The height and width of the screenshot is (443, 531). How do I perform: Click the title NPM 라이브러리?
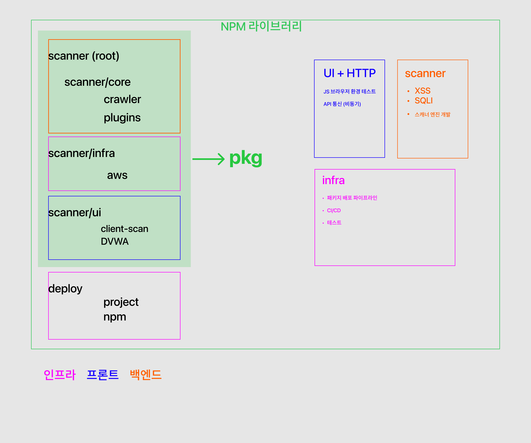click(261, 26)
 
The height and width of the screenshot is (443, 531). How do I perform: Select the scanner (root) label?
click(84, 56)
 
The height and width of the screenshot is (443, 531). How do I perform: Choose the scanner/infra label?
click(81, 153)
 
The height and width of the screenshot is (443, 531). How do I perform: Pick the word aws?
click(117, 175)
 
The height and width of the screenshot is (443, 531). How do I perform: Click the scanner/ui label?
click(75, 213)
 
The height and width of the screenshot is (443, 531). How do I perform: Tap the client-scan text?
click(124, 229)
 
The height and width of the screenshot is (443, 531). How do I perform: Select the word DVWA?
click(115, 241)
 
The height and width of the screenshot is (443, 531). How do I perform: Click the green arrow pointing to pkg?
click(208, 159)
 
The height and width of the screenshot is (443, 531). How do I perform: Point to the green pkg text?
click(246, 158)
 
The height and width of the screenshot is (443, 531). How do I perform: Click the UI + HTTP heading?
click(349, 73)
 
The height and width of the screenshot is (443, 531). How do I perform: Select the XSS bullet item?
click(422, 91)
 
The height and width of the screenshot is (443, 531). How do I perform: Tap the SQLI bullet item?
click(424, 101)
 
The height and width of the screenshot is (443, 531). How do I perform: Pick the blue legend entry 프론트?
click(102, 375)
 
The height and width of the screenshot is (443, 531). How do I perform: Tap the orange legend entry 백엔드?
click(146, 375)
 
